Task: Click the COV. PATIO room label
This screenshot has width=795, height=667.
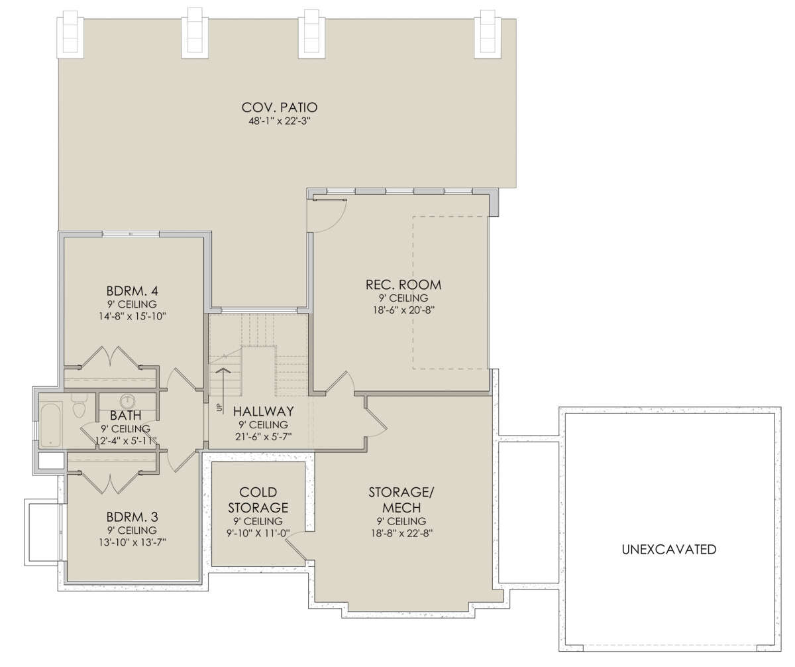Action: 280,107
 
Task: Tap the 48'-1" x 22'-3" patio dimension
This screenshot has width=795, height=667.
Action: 278,121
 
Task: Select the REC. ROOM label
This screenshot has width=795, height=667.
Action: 403,284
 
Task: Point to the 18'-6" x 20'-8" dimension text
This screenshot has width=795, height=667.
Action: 403,310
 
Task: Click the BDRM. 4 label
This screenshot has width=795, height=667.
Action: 132,291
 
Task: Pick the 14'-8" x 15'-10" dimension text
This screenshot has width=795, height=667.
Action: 132,316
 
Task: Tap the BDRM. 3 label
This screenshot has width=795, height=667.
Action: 132,517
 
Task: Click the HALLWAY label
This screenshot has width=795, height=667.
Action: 264,411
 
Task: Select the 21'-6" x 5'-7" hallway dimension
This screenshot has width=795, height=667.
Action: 264,436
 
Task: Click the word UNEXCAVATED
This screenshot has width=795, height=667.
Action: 669,549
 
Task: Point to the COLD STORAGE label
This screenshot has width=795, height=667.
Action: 258,500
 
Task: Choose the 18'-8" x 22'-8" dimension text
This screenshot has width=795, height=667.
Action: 402,533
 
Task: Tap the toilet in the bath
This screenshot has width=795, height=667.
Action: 79,406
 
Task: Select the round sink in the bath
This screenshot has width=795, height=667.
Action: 128,401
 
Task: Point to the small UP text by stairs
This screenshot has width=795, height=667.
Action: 219,408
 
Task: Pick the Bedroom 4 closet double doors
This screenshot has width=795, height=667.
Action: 110,357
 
